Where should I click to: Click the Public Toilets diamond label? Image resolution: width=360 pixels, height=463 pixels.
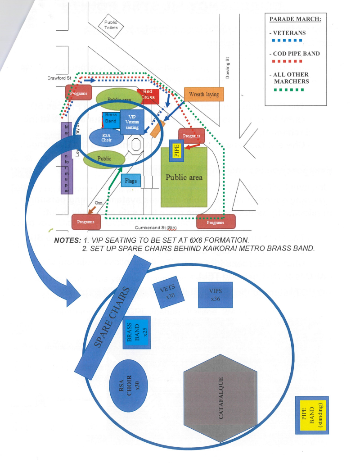[111, 25]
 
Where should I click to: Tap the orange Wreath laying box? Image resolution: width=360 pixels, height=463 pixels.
[203, 95]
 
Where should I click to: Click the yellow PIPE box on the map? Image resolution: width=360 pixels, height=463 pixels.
[176, 150]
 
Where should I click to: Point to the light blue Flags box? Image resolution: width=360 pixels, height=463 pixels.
[131, 181]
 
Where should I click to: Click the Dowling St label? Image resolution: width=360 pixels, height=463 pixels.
[228, 68]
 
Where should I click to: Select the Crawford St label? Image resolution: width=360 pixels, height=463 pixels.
[60, 78]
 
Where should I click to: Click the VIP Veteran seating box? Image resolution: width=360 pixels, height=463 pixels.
[132, 122]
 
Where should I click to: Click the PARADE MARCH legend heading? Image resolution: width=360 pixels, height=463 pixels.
[295, 19]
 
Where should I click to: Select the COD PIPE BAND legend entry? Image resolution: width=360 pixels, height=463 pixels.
[296, 54]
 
